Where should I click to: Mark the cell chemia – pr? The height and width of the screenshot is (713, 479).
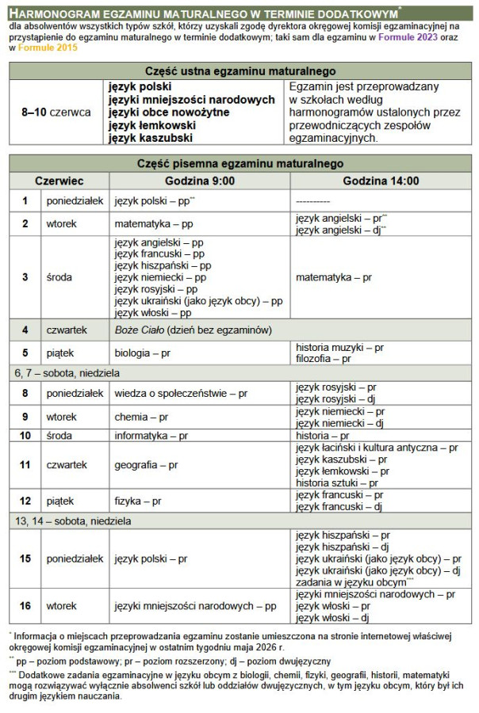(x=141, y=417)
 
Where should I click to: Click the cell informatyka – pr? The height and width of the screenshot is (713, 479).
(x=151, y=436)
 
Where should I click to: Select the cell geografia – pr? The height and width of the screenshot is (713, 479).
(x=146, y=465)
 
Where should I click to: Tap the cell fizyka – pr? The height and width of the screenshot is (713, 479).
(x=138, y=501)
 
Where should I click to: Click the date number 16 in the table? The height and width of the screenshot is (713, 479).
(x=25, y=605)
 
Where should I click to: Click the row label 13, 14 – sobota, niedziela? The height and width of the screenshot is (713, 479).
(x=71, y=521)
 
